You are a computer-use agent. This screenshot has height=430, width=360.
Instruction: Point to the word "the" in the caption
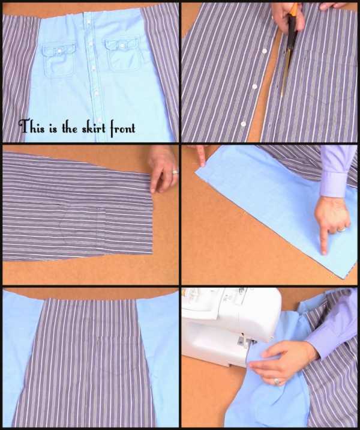[69, 128]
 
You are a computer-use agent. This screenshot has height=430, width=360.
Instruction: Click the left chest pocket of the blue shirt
[59, 61]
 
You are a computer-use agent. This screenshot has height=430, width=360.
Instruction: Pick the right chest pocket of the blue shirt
[122, 55]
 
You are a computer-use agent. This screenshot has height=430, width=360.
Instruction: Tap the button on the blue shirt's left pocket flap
[58, 50]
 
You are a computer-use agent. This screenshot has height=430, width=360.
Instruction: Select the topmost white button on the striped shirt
[265, 50]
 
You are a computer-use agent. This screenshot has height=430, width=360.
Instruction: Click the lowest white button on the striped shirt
[243, 124]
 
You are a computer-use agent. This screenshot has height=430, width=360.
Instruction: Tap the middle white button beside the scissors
[254, 86]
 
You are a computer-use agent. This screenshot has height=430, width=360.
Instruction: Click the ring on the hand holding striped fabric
[175, 172]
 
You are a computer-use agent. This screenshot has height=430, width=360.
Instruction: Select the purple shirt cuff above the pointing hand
[334, 184]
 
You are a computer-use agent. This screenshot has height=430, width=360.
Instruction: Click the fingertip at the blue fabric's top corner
[202, 164]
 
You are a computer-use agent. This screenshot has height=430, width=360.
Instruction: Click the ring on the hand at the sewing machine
[277, 381]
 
